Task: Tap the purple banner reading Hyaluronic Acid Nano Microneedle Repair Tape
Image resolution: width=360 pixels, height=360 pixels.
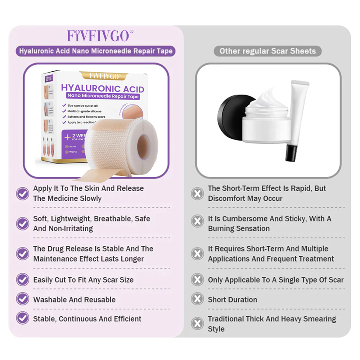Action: (96, 51)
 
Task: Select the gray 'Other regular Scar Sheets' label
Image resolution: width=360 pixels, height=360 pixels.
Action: (267, 51)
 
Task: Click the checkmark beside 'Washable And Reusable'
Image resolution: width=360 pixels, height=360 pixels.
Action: (22, 299)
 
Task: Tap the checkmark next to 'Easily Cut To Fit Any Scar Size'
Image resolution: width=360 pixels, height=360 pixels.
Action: (22, 280)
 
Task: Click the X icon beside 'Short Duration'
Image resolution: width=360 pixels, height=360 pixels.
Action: (198, 299)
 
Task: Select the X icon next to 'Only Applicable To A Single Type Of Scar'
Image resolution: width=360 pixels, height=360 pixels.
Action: (198, 280)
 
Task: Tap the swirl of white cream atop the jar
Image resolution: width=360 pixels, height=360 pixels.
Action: (267, 99)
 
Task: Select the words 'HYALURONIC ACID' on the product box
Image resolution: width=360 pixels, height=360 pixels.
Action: (102, 89)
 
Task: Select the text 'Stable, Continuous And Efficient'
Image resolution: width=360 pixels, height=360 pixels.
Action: (87, 319)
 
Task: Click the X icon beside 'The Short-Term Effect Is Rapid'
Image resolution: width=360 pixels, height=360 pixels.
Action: (198, 193)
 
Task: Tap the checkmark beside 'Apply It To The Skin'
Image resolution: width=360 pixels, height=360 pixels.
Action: (22, 193)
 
